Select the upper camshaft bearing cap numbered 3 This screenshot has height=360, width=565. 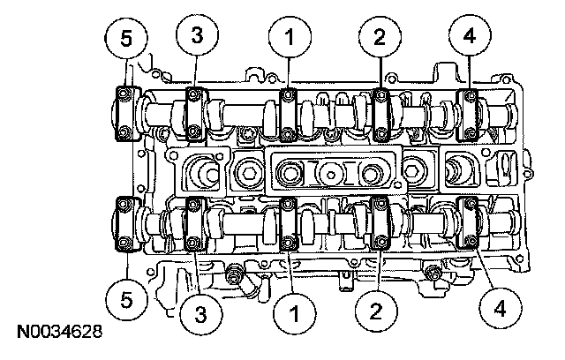click(194, 113)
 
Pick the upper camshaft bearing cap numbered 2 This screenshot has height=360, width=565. click(381, 114)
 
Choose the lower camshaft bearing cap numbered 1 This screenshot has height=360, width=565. click(289, 225)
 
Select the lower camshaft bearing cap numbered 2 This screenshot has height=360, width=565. click(380, 225)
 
